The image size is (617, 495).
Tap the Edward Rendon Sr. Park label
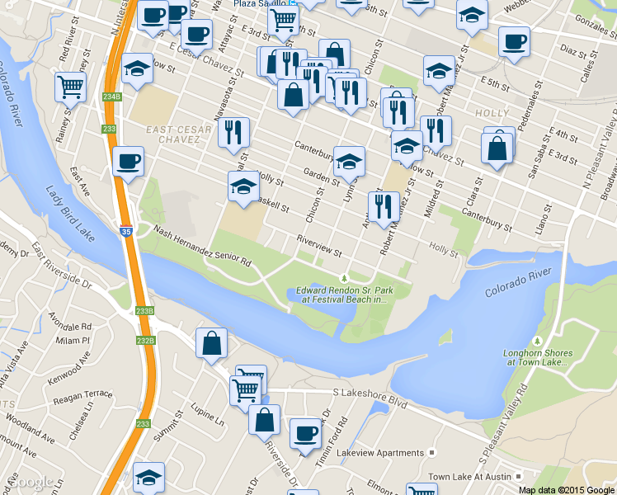point(341,295)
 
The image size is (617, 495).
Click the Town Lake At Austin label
point(470,477)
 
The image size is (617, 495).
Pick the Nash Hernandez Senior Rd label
point(202,247)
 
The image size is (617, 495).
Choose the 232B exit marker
point(145,340)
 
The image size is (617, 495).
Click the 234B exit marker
point(112,97)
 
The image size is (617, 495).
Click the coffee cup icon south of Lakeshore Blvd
point(305,432)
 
